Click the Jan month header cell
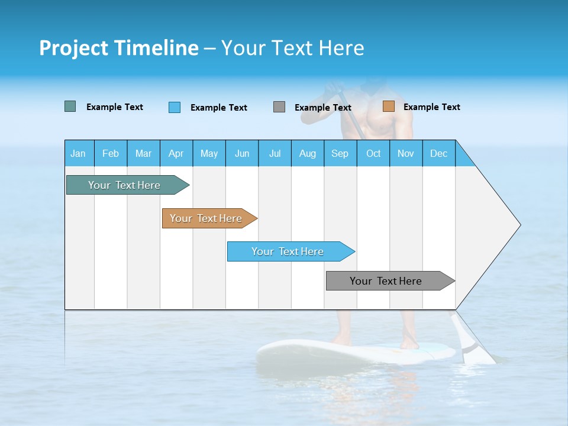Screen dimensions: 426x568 [x=79, y=153]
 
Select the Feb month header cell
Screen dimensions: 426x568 [x=111, y=153]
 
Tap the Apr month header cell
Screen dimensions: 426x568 [x=176, y=153]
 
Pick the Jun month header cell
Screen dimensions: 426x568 [x=242, y=153]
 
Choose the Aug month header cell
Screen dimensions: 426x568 [x=308, y=153]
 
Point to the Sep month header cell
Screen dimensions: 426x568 [x=340, y=153]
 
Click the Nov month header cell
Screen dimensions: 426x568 [x=406, y=153]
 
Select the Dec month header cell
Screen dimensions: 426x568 [x=439, y=153]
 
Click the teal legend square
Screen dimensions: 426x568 [x=70, y=106]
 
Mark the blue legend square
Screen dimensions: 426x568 [x=175, y=107]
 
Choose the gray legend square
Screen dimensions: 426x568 [x=279, y=106]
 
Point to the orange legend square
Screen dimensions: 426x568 [x=389, y=106]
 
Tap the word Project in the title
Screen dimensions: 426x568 [x=74, y=48]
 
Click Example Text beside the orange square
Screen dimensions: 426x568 [x=431, y=107]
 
